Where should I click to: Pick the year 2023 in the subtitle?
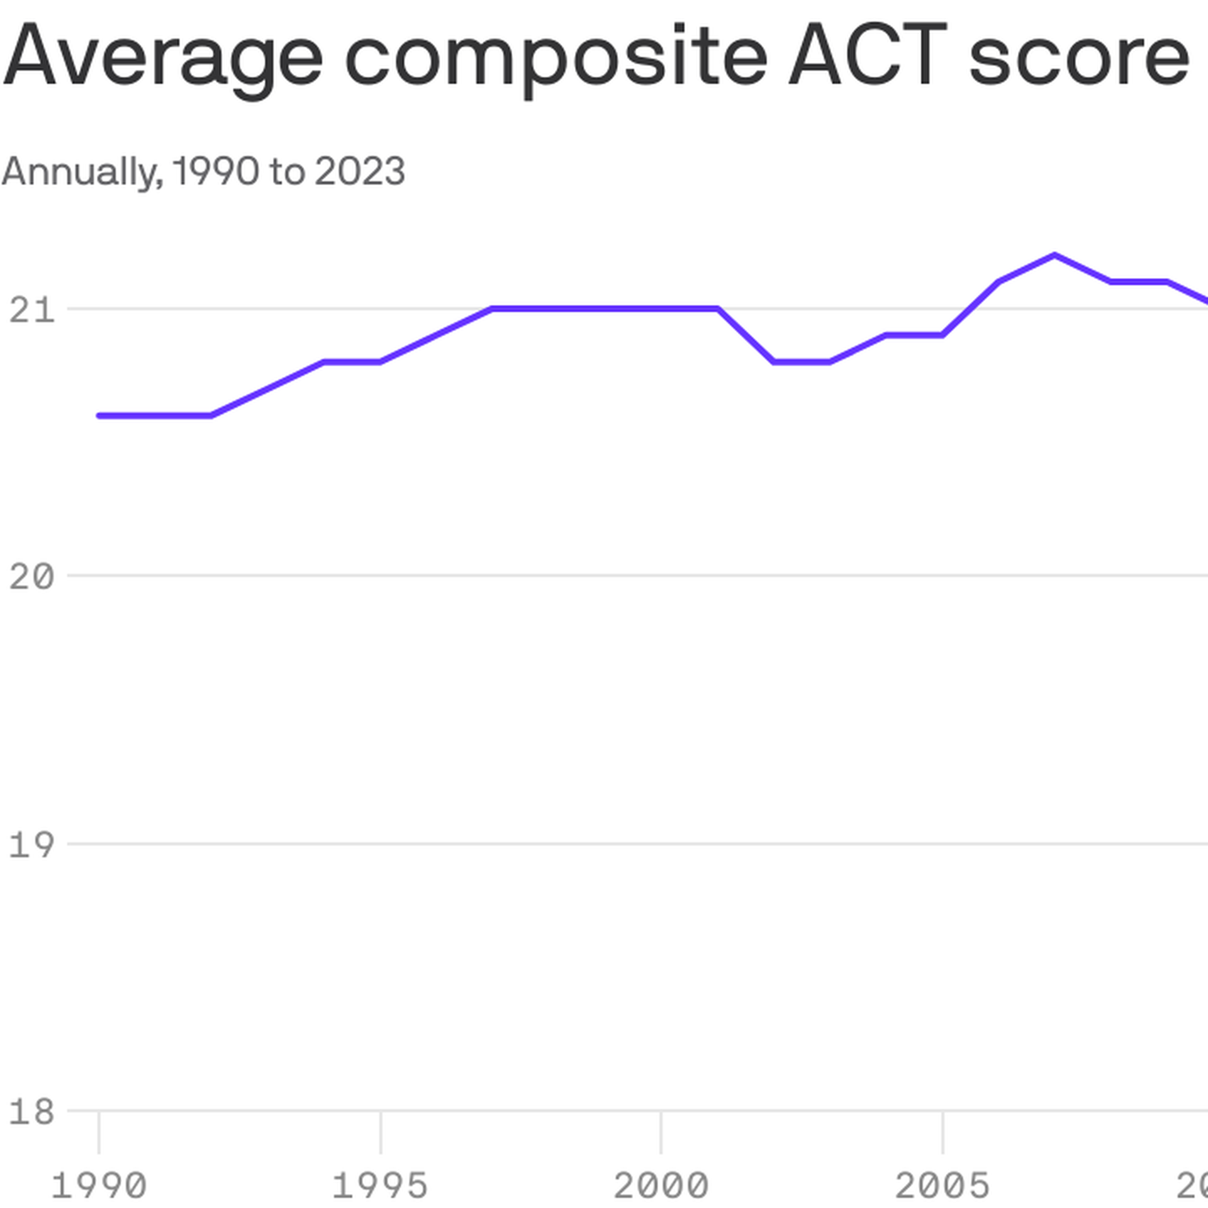359,171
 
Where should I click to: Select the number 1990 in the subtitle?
216,171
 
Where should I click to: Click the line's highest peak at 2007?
1054,255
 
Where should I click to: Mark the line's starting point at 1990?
99,416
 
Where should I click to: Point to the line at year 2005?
942,335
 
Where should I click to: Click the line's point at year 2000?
661,308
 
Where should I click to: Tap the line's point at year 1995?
380,362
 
